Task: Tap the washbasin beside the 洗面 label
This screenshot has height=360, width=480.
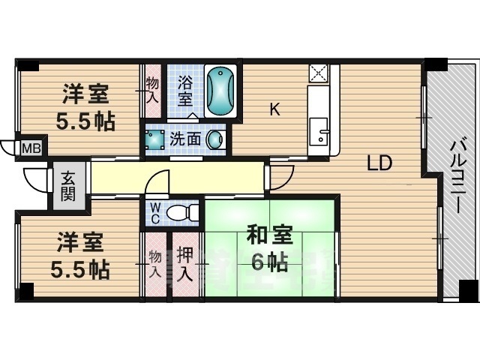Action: point(215,139)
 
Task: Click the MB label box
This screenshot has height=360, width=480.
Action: point(30,147)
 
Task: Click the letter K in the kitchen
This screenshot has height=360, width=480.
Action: point(274,110)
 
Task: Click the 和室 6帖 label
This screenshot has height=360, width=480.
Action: point(268,250)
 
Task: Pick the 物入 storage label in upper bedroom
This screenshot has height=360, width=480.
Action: point(152,90)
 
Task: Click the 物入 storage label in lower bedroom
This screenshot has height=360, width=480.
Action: point(154,264)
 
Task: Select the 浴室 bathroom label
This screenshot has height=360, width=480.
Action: point(186,91)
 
